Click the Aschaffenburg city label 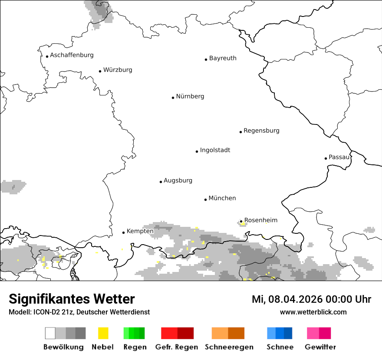point(72,55)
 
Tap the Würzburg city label point(118,70)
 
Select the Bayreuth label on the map point(223,58)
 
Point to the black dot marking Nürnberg point(173,98)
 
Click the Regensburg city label point(261,131)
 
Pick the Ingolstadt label point(215,150)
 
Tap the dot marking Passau point(326,158)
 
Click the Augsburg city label point(178,180)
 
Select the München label point(222,198)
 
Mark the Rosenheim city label point(261,220)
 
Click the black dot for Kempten point(123,232)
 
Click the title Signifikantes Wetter point(72,299)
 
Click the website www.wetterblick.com point(313,312)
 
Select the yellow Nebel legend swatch point(103,333)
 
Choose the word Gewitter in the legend point(320,347)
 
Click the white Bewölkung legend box point(50,333)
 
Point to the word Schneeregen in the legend point(229,347)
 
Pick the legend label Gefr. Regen point(177,347)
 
